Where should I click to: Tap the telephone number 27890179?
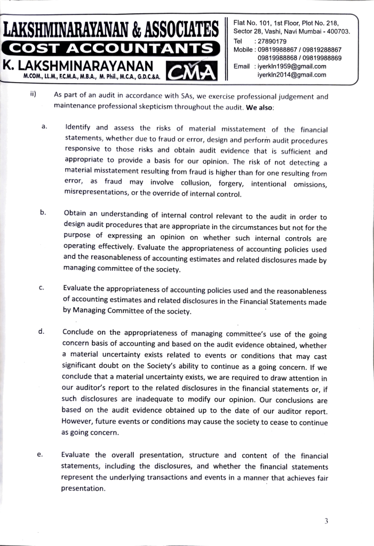tap(272, 41)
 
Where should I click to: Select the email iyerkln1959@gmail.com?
tap(291, 67)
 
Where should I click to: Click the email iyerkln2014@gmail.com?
tap(291, 75)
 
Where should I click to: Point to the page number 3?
tap(325, 521)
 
